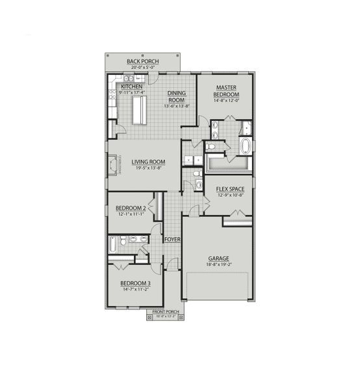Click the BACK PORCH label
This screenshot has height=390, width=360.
coord(143,61)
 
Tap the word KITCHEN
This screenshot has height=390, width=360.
coord(131,86)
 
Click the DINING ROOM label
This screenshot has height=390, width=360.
coord(177,97)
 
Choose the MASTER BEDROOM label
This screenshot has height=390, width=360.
coord(225,90)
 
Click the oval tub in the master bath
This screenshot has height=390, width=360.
coord(246,146)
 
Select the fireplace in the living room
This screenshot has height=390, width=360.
coord(114,164)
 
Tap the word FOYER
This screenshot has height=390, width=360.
coord(172,240)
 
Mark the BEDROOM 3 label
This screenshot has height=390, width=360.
coord(135,283)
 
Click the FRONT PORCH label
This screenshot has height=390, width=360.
coord(165,312)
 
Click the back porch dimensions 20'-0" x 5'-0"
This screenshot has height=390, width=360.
coord(143,67)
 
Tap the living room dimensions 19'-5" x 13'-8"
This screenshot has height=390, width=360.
coord(149,168)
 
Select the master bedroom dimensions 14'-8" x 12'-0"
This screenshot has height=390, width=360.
coord(225,100)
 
